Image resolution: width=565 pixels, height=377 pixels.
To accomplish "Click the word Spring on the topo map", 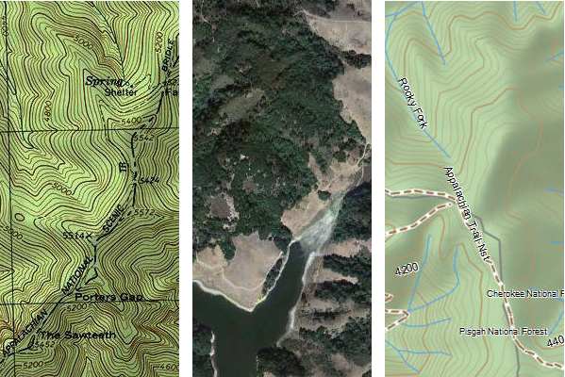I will tap(104, 81).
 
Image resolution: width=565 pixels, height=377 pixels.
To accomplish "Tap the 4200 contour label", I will tap(407, 270).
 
